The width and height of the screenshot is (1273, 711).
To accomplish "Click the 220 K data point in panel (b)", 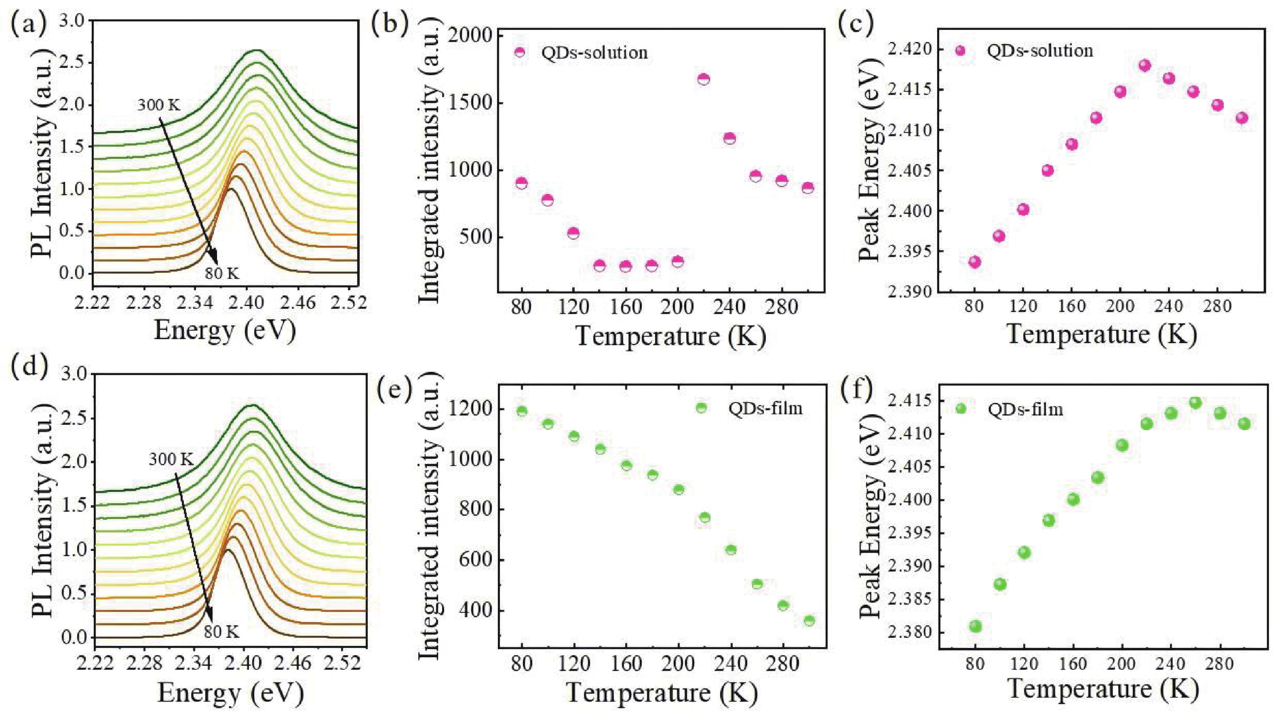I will coord(704,79).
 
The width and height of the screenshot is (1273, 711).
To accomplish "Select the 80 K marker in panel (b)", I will coord(521,183).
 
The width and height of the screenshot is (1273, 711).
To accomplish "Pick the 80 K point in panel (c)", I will coord(974,262).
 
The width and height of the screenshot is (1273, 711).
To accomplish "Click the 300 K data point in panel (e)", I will coord(809,620).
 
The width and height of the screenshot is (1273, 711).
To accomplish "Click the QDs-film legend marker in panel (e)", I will coord(701,407).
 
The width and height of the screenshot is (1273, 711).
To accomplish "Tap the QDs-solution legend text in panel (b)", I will coord(594,53).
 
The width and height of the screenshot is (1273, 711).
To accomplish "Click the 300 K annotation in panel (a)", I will coord(160,105).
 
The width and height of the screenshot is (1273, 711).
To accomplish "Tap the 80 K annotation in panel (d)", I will coord(221,632).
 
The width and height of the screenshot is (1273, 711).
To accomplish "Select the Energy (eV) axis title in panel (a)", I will coord(225,330).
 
